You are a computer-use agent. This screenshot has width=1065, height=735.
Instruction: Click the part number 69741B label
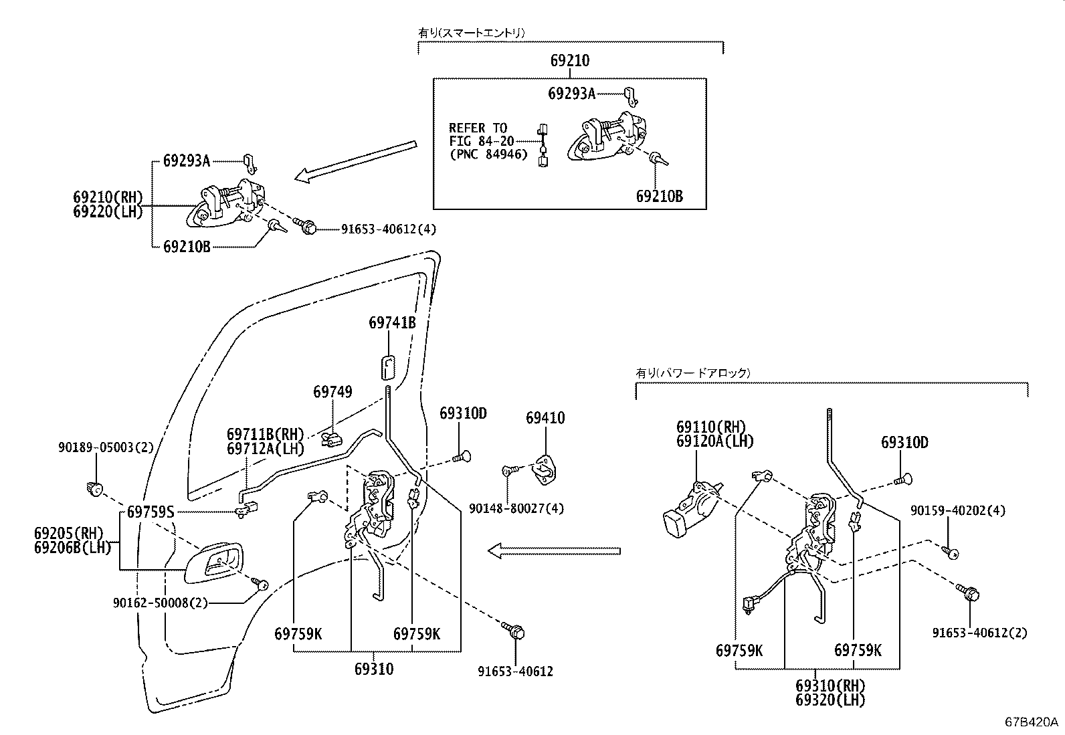(x=392, y=323)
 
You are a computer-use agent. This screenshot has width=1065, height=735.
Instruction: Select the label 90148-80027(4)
(x=516, y=508)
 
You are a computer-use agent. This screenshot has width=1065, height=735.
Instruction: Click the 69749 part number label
(x=332, y=392)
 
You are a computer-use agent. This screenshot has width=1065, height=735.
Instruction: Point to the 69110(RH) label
(x=710, y=427)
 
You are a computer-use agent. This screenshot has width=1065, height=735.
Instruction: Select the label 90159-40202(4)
(x=967, y=511)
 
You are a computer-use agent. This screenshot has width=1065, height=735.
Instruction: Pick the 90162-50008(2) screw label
(x=160, y=603)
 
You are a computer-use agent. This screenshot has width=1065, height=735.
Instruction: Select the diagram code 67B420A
(x=1031, y=722)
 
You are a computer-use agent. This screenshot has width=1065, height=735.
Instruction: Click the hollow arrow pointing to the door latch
(x=553, y=551)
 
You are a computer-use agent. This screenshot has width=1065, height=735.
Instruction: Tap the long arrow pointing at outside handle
(x=355, y=161)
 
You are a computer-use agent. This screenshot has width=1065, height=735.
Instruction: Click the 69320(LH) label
(x=830, y=700)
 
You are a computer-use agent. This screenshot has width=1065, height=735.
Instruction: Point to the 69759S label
(x=151, y=512)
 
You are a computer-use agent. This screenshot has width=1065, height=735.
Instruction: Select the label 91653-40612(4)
(x=389, y=229)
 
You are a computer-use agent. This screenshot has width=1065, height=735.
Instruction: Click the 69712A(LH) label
(x=265, y=449)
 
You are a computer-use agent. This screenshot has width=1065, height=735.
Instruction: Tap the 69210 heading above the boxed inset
(x=570, y=61)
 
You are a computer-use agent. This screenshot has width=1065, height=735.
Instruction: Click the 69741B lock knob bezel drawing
(x=388, y=369)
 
